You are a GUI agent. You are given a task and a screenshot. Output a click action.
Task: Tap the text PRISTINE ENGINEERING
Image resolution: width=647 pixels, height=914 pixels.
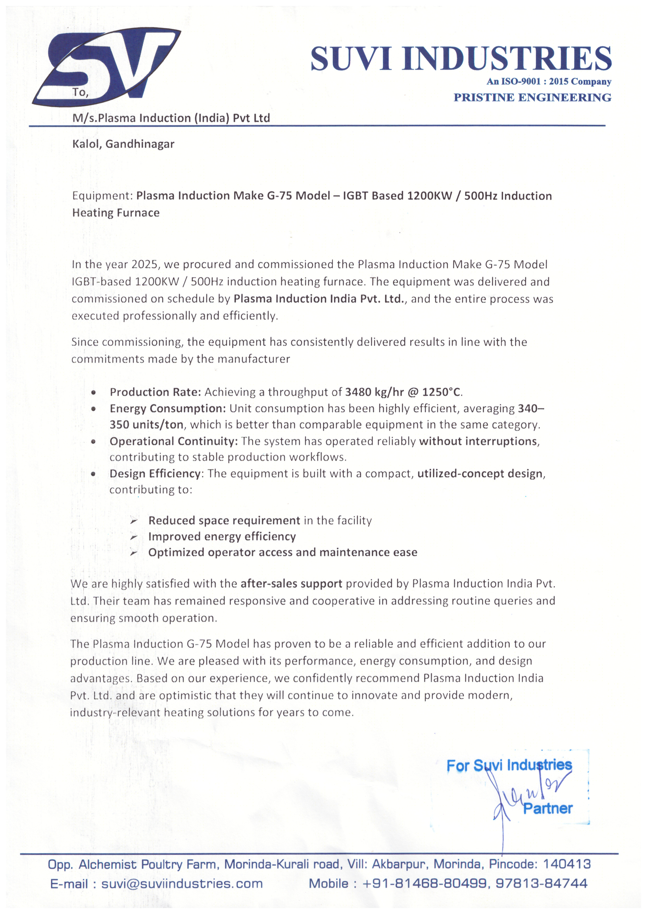[532, 97]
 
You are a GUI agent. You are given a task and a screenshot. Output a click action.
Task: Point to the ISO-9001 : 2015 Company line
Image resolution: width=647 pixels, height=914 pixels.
[549, 82]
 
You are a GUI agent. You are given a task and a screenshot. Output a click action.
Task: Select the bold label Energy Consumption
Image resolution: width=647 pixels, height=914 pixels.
[168, 408]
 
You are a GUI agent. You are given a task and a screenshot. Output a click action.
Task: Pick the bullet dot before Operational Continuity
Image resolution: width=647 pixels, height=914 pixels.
[93, 441]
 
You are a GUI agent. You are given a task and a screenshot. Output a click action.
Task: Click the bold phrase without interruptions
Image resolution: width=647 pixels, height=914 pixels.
[478, 441]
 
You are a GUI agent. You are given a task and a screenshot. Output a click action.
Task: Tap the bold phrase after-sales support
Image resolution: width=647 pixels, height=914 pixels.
[291, 584]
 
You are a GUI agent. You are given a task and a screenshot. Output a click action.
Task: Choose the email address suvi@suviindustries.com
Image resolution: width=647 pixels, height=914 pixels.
[182, 884]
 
